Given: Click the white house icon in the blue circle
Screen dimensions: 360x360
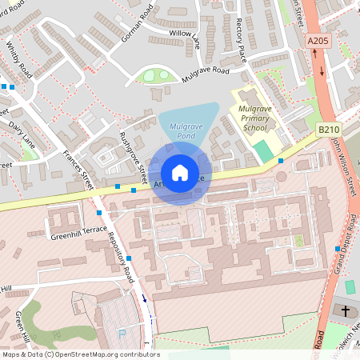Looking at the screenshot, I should pos(180,173).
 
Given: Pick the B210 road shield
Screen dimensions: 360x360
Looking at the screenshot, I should pos(329,129).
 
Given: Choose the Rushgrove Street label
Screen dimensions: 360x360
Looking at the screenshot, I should pos(132,153).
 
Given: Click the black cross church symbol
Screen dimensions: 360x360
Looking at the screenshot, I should pos(345,311).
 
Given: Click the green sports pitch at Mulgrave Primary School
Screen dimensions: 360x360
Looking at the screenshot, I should pos(262,150).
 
